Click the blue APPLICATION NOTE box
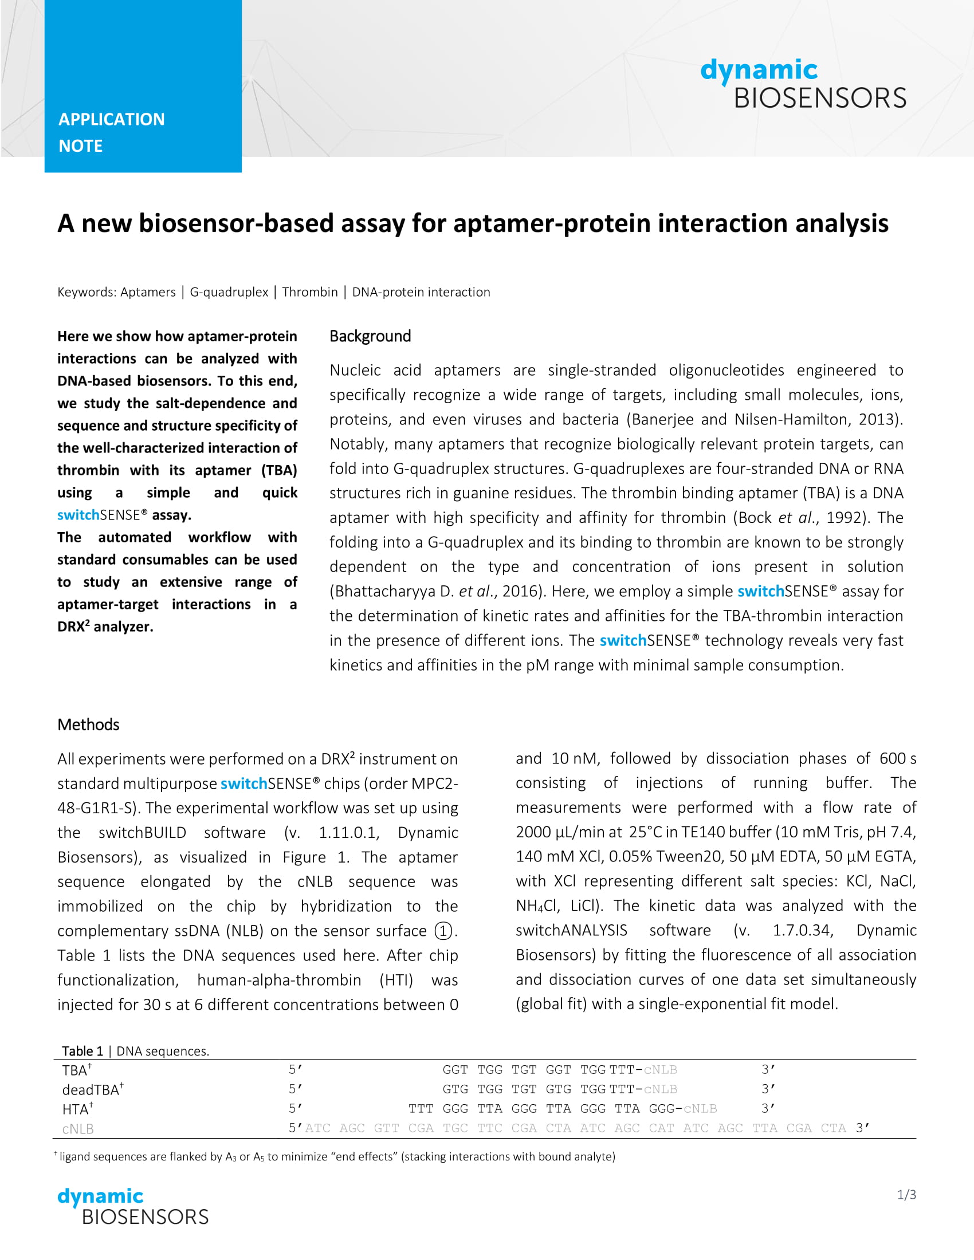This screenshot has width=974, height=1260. pyautogui.click(x=143, y=86)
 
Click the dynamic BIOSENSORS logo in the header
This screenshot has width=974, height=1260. pyautogui.click(x=803, y=84)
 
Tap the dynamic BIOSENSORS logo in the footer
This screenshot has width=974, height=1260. pyautogui.click(x=133, y=1205)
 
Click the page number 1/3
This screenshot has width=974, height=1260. pyautogui.click(x=906, y=1195)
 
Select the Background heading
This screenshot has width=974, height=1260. pyautogui.click(x=370, y=336)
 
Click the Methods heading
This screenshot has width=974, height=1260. pyautogui.click(x=88, y=724)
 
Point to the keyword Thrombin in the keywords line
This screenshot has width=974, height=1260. pyautogui.click(x=310, y=292)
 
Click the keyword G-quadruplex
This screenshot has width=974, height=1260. pyautogui.click(x=229, y=292)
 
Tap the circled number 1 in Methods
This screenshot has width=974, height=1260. pyautogui.click(x=443, y=931)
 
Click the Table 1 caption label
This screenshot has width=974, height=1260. pyautogui.click(x=83, y=1051)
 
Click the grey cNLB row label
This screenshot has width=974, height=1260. pyautogui.click(x=77, y=1129)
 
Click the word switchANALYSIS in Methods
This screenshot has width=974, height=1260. pyautogui.click(x=571, y=930)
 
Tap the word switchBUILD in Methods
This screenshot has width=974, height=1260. pyautogui.click(x=142, y=833)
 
